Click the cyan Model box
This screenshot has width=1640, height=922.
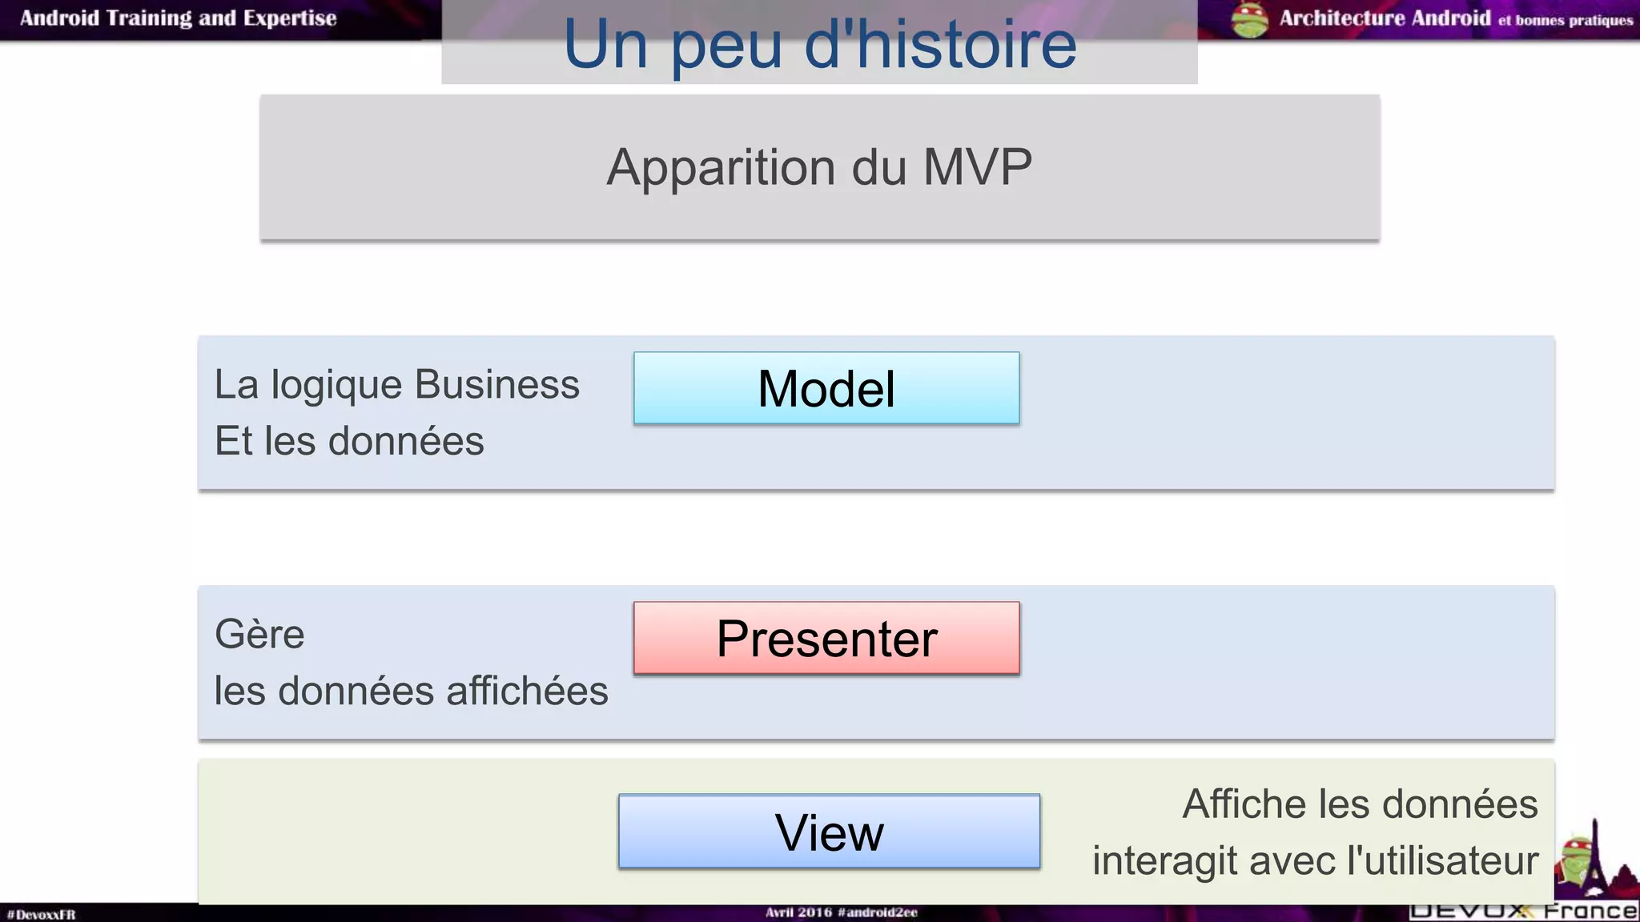826,388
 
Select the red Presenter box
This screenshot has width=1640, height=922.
826,638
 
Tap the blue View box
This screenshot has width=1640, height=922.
829,832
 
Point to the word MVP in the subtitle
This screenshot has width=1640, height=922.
977,167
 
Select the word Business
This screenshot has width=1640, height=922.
497,384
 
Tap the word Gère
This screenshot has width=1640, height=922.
259,634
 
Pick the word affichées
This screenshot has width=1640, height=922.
527,691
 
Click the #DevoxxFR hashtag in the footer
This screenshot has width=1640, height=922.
41,914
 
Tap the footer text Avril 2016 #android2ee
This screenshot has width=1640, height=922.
841,912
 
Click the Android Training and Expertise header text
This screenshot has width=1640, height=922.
178,18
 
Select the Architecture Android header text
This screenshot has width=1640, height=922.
1385,18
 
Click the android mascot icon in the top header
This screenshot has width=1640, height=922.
1249,20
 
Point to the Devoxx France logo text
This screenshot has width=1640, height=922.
1523,911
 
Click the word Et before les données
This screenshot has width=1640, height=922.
234,441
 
